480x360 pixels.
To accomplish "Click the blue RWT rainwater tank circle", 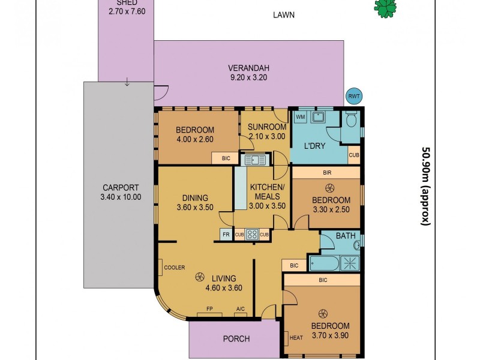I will click(354, 96).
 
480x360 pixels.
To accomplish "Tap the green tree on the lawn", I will click(385, 7).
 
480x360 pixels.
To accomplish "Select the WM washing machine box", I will click(301, 116).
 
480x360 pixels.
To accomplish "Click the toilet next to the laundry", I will click(352, 121).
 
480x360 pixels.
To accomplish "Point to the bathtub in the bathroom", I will click(323, 262).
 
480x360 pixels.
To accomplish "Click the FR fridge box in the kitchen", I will click(226, 234).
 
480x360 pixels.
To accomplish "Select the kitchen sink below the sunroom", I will click(253, 160).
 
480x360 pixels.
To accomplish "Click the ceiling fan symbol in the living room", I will click(199, 277).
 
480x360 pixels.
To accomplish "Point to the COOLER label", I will click(174, 268).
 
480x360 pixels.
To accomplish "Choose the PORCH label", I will click(236, 339).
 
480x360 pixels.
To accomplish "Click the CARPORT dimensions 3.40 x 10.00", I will click(122, 197).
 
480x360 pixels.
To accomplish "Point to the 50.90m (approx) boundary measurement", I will click(427, 186).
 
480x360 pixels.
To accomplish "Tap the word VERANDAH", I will click(248, 67).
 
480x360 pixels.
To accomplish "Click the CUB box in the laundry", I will click(354, 154).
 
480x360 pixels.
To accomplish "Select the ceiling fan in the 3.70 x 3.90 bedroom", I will click(323, 313).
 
